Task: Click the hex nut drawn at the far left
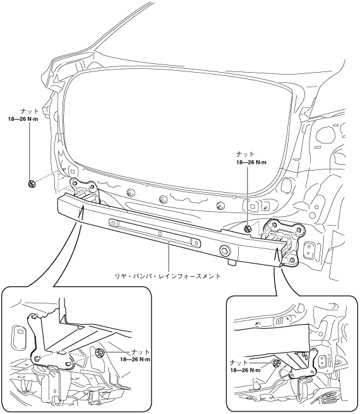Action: click(32, 184)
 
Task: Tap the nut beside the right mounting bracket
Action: click(247, 229)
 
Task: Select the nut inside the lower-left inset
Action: click(100, 352)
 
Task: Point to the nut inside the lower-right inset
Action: click(277, 363)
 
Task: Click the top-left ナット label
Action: click(29, 112)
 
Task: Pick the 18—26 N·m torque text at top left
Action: click(23, 119)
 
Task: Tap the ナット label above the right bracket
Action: click(245, 155)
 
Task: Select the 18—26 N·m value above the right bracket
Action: click(251, 162)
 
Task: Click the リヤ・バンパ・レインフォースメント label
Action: click(168, 276)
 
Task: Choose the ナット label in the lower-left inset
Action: click(141, 352)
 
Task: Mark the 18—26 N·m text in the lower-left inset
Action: click(135, 360)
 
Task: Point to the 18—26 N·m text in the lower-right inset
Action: click(245, 370)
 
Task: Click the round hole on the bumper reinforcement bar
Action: click(224, 250)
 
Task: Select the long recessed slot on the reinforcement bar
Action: click(154, 233)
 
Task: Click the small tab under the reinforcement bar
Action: click(232, 262)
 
